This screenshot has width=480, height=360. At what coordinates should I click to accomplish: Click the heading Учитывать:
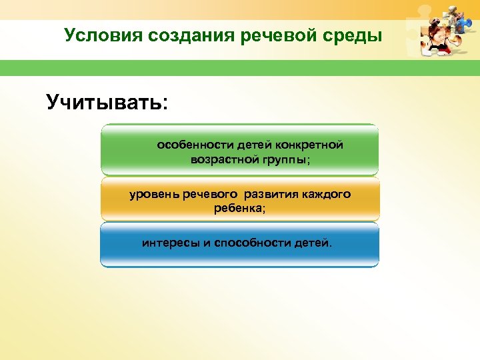coord(107,103)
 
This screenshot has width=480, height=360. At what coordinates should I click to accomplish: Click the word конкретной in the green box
coord(313,145)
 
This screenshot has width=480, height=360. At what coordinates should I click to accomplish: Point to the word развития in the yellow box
coord(273,195)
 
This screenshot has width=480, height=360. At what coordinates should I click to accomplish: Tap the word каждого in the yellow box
coord(327,195)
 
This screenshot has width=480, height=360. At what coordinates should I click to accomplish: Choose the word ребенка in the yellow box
coord(238,209)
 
